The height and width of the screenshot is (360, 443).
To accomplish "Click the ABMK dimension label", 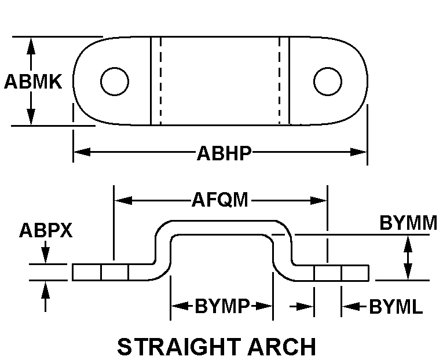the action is tap(33, 82).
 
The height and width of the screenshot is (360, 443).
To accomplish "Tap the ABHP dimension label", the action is tap(224, 153).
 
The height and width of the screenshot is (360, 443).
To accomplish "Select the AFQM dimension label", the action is tap(220, 200).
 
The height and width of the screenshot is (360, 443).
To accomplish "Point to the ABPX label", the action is tap(46, 230).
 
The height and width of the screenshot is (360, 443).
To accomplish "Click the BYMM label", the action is tap(408, 223).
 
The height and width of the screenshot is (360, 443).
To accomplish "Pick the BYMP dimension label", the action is tap(222, 306).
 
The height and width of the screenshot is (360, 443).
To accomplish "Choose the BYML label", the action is tap(396, 307).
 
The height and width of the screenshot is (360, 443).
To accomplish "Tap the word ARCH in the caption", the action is tap(281, 347).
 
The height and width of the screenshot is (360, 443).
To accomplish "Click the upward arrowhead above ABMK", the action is tap(31, 46).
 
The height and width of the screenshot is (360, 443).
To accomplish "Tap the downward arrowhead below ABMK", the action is tap(31, 116).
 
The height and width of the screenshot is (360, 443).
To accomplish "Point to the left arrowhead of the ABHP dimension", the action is tap(82, 152).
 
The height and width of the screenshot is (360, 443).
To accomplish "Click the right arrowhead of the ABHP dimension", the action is tap(358, 152).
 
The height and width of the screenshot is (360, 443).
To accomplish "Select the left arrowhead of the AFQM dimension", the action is tap(123, 200).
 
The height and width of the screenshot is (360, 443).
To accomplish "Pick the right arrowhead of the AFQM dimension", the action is tap(318, 200).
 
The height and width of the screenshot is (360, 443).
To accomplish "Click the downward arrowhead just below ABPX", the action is tap(45, 255).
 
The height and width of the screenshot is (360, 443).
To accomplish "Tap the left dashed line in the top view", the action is tap(160, 81).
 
